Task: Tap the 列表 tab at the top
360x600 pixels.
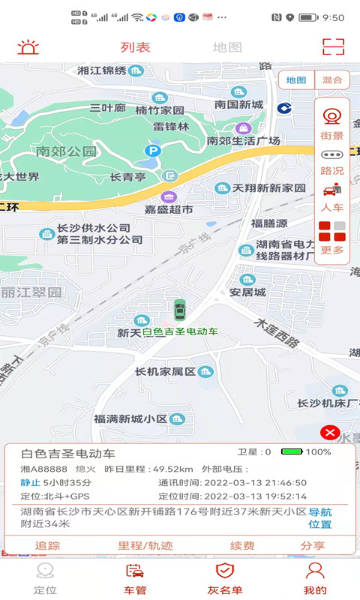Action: [136, 47]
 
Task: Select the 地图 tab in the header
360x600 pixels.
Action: [227, 47]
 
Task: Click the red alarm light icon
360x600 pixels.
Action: [28, 47]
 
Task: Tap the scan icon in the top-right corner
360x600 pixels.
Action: [333, 46]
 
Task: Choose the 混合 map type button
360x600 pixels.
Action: [332, 79]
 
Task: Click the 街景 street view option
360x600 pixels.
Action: [331, 124]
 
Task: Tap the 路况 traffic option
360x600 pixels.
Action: [331, 161]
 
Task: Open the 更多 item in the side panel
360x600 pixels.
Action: [332, 238]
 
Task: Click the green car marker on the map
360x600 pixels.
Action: [179, 309]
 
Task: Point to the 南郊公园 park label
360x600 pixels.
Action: [66, 151]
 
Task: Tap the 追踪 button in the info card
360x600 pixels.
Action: [47, 545]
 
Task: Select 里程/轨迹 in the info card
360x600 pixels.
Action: [145, 545]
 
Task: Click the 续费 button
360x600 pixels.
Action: [242, 545]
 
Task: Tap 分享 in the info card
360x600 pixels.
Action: [313, 545]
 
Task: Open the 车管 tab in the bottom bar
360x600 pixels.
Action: [135, 578]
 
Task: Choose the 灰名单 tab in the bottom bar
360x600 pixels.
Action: [225, 578]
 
